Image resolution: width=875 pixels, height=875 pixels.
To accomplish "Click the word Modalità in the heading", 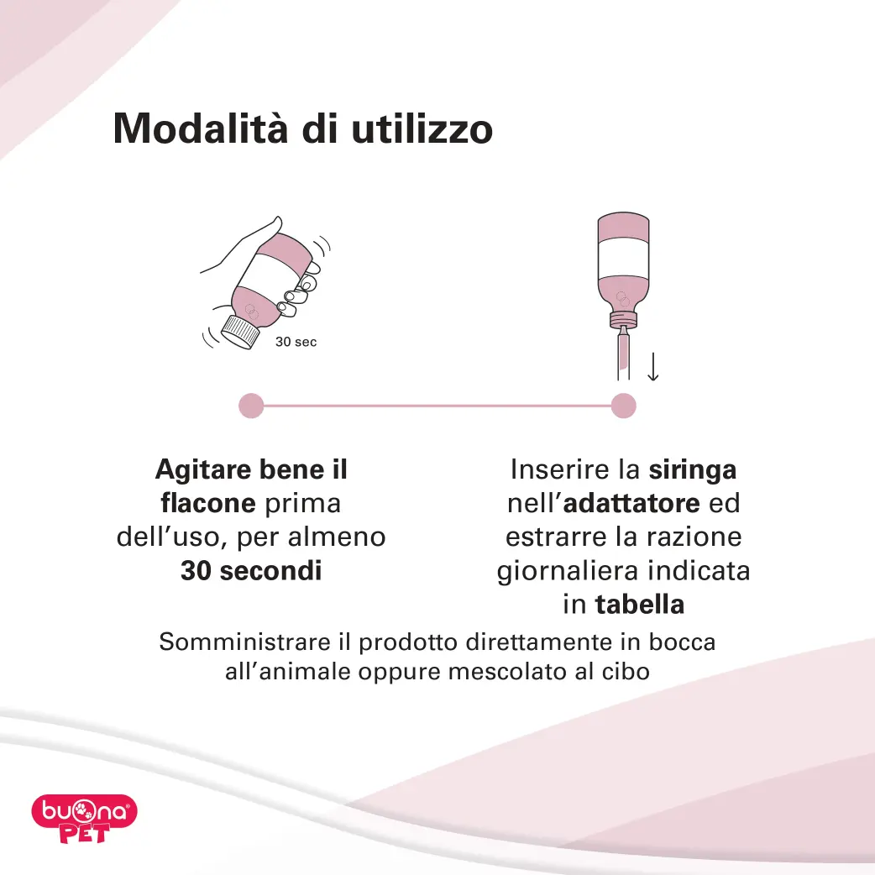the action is [201, 128].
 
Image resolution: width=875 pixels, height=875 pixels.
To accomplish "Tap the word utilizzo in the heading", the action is [422, 128].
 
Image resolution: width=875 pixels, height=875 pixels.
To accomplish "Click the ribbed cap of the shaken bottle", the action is [240, 332].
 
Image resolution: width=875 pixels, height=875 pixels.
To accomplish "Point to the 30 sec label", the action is [296, 342].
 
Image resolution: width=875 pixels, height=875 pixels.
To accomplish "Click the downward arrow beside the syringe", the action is [653, 367].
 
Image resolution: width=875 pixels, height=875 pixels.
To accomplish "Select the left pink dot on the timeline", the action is [251, 406].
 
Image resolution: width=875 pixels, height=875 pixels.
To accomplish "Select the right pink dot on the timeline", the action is [623, 406].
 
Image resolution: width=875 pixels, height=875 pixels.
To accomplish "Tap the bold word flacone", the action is [208, 503].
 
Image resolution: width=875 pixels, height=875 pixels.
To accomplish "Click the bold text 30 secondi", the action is [251, 570].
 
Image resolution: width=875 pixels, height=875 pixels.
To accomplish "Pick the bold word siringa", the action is [693, 470].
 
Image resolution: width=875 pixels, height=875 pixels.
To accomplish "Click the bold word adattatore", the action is [631, 503].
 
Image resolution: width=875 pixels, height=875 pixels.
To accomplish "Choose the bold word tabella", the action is [640, 605].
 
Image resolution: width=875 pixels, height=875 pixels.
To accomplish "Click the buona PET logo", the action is [84, 818].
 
